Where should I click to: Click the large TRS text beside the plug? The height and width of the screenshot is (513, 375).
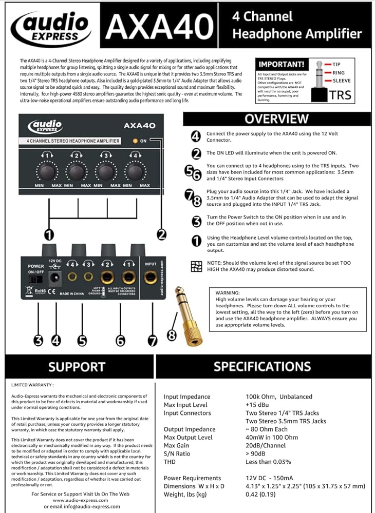point(340,95)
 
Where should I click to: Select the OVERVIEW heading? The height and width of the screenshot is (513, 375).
point(276,119)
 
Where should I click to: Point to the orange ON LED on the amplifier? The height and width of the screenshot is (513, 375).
point(136,141)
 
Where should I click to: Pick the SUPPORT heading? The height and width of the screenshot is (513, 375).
point(77,367)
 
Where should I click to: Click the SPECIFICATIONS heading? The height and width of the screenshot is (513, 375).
point(262,366)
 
